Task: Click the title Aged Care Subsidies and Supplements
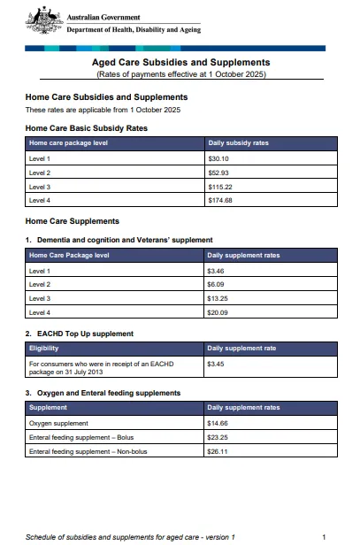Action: pyautogui.click(x=181, y=63)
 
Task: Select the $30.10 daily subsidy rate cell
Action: pyautogui.click(x=218, y=157)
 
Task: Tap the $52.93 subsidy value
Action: pyautogui.click(x=218, y=173)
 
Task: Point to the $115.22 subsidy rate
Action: pyautogui.click(x=219, y=187)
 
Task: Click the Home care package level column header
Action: pyautogui.click(x=69, y=142)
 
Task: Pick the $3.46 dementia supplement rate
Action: pyautogui.click(x=216, y=270)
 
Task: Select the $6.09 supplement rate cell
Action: pyautogui.click(x=216, y=284)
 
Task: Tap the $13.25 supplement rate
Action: pyautogui.click(x=218, y=298)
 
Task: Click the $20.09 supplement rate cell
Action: pyautogui.click(x=218, y=312)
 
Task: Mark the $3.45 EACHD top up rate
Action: pyautogui.click(x=216, y=364)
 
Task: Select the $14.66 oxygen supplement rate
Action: pyautogui.click(x=218, y=423)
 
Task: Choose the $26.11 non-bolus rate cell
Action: pyautogui.click(x=218, y=451)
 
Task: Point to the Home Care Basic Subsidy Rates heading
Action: pyautogui.click(x=86, y=127)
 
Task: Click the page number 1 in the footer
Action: pyautogui.click(x=325, y=536)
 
